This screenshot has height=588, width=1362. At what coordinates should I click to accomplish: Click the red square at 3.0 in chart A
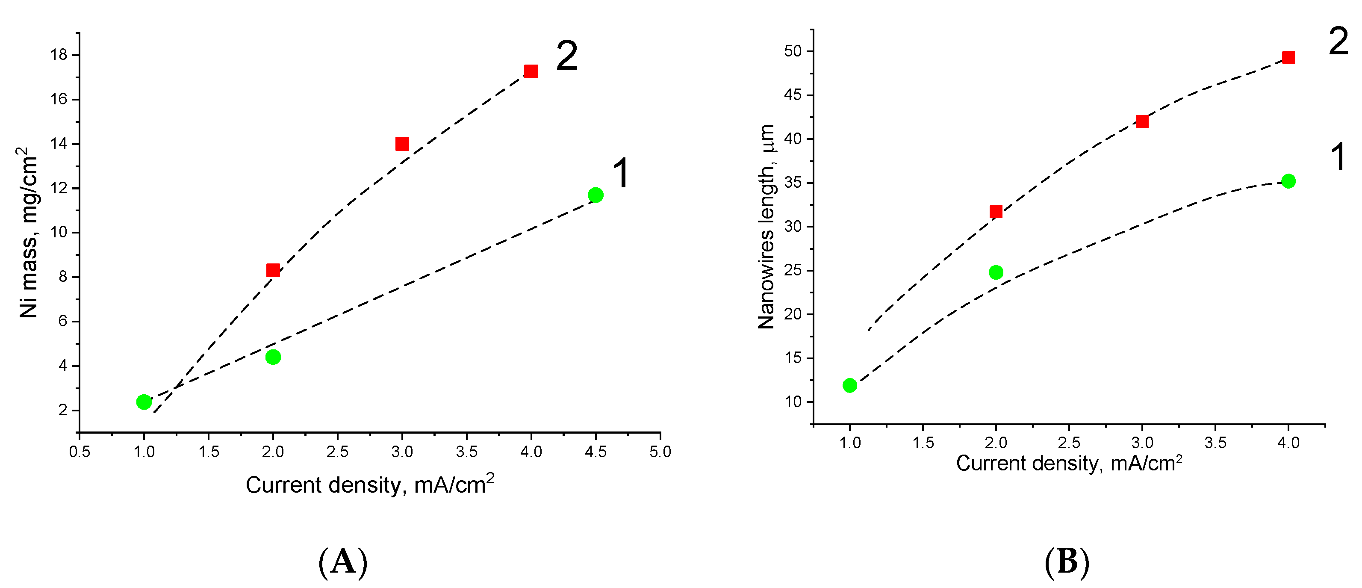click(402, 144)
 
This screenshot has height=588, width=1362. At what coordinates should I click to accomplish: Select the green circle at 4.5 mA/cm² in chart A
click(596, 195)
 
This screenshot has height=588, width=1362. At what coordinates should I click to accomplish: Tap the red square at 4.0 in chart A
click(531, 71)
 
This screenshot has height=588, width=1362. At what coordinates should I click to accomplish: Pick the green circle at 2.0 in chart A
click(273, 357)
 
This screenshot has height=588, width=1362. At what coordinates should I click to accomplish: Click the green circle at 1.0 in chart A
click(144, 402)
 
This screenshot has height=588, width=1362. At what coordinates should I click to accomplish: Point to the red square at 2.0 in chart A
click(273, 270)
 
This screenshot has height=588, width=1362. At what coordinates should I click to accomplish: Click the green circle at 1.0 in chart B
click(850, 385)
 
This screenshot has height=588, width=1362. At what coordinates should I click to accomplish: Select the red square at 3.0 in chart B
click(1142, 121)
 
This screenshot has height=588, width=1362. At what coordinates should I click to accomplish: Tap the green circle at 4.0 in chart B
click(1288, 181)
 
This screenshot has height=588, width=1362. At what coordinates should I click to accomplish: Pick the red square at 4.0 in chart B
click(1288, 57)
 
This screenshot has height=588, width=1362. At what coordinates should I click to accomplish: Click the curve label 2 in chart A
click(567, 56)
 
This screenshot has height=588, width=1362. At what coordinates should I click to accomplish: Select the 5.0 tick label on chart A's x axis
click(660, 452)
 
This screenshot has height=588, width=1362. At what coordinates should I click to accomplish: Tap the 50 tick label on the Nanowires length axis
click(793, 51)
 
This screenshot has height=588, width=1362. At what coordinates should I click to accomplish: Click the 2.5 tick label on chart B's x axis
click(1069, 443)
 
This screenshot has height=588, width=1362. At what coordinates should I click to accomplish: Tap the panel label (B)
click(1067, 561)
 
